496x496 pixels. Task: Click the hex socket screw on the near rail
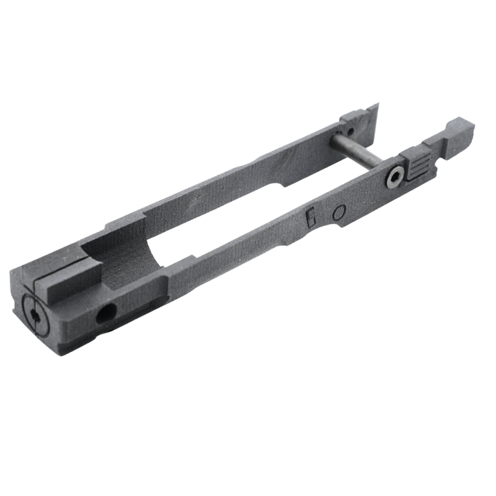coord(395,178)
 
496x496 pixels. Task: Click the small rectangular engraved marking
coord(311,218)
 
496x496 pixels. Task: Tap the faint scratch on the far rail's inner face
coord(200,200)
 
